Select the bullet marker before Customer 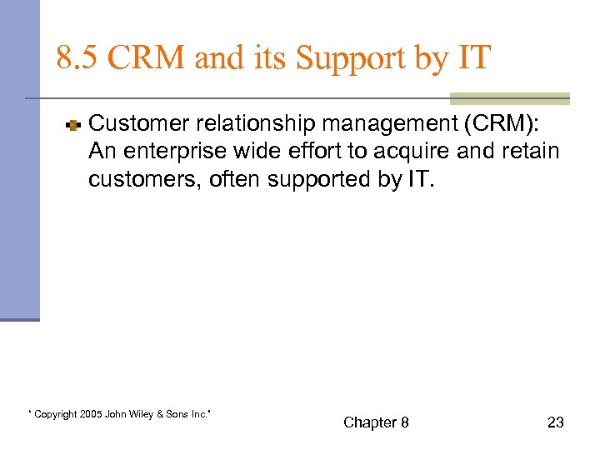tap(72, 126)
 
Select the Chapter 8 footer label tap(376, 422)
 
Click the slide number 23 tap(555, 422)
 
